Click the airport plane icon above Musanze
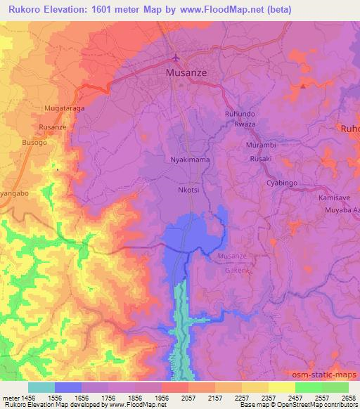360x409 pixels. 176,58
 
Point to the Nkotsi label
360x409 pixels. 189,190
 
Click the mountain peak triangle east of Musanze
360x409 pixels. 302,86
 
